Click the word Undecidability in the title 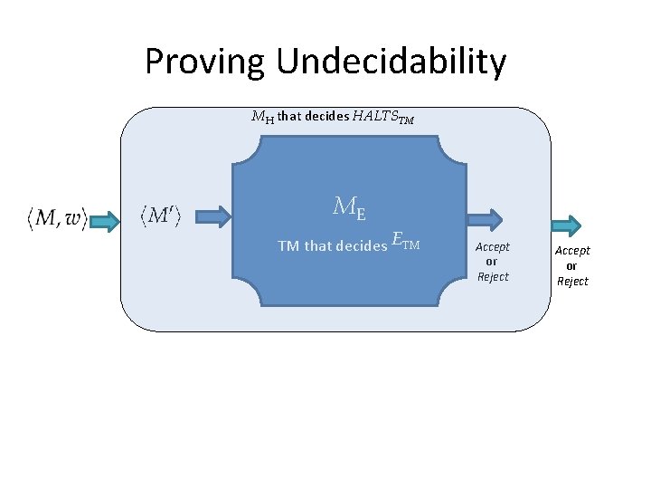click(392, 62)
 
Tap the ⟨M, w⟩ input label click(56, 217)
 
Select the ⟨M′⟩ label click(160, 216)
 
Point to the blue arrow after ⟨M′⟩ click(213, 216)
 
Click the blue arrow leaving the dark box click(485, 216)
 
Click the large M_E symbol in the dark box click(349, 208)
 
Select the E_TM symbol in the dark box click(406, 242)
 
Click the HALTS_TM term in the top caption click(383, 117)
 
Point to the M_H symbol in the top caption click(262, 117)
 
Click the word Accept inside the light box click(493, 246)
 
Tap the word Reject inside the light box click(493, 276)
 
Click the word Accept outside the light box click(572, 251)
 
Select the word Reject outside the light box click(572, 282)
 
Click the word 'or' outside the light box click(572, 266)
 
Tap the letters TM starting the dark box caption click(288, 245)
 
